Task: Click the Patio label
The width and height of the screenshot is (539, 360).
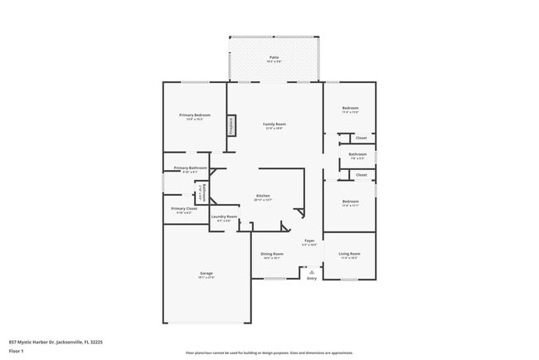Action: (273, 57)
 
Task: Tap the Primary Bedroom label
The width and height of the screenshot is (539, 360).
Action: (195, 114)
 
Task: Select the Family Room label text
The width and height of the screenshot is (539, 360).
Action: (274, 124)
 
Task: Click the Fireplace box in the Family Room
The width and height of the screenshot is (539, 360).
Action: (231, 125)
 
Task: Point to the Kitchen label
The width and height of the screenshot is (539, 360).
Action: (263, 196)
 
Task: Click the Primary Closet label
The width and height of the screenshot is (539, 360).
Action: (184, 209)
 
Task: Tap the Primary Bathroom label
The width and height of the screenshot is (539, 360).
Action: (190, 168)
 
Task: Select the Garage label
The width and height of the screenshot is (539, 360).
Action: (206, 273)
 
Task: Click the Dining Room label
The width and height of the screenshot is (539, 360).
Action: (272, 254)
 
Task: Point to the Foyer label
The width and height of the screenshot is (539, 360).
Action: (308, 241)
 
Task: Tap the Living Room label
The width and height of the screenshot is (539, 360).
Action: (349, 254)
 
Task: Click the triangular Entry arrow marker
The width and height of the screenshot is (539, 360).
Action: (312, 270)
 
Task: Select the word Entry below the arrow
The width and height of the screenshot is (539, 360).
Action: (312, 279)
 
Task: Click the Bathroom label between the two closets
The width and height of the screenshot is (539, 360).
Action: (357, 153)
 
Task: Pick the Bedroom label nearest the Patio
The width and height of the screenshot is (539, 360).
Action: (351, 109)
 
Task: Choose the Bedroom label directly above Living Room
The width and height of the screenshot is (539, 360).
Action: (351, 202)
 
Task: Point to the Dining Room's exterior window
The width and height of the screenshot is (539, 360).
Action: (274, 279)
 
